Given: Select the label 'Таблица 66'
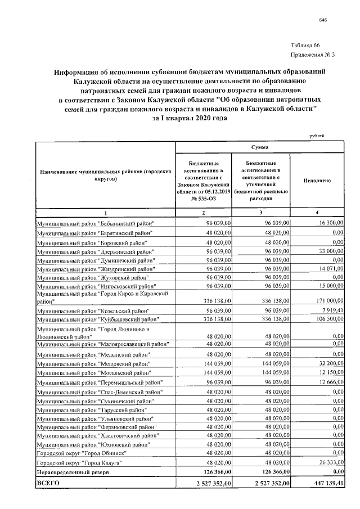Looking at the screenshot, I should pos(305,45).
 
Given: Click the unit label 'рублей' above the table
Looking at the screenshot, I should pos(317,136).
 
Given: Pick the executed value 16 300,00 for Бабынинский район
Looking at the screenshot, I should pos(330,223).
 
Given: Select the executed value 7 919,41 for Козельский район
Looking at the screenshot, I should pos(331,310).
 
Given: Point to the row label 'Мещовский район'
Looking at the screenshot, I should pos(93,364).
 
